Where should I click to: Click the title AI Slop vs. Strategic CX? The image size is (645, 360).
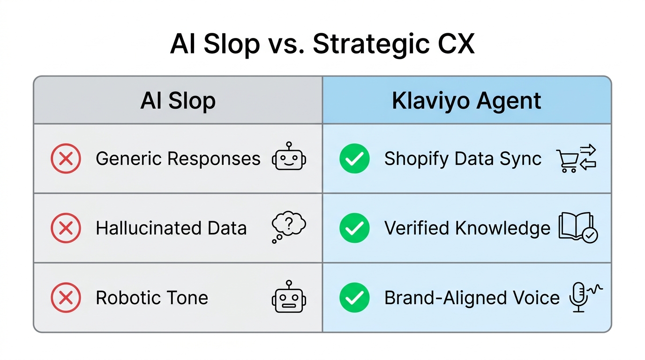click(322, 44)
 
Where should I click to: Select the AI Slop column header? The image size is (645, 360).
click(178, 101)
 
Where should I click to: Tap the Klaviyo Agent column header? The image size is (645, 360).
click(466, 101)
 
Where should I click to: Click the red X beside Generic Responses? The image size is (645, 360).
click(66, 159)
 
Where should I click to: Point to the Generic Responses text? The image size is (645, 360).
click(178, 159)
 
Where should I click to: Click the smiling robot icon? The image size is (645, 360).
click(289, 157)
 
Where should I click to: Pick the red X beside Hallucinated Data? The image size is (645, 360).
click(66, 228)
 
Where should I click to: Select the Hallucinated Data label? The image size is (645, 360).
click(171, 228)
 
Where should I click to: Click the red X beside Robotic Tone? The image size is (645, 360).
click(66, 298)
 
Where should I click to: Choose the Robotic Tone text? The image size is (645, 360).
click(152, 298)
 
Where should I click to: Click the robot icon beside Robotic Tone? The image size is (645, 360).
click(289, 297)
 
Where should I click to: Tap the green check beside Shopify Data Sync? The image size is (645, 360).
click(354, 159)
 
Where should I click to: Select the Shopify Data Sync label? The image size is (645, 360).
click(463, 159)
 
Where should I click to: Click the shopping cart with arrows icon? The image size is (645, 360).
click(576, 159)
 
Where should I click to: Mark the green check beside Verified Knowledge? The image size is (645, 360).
click(354, 228)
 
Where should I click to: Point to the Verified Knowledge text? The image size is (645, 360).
click(467, 228)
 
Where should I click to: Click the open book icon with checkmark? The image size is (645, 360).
click(578, 228)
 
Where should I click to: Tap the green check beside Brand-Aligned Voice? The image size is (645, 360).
click(354, 298)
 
